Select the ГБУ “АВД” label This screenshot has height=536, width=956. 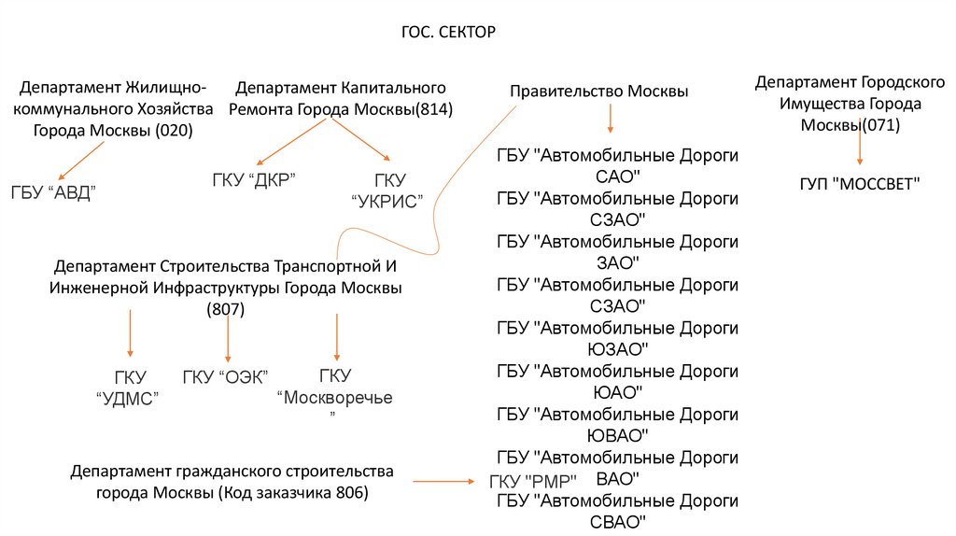(x=54, y=192)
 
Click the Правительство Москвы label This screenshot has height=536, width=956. (x=598, y=92)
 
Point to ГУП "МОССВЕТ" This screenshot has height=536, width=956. (x=860, y=184)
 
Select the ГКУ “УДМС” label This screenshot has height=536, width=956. (x=129, y=388)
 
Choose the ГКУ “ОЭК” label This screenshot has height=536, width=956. (x=226, y=376)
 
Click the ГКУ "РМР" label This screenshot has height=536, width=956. (x=533, y=481)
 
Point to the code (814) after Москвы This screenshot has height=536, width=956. (x=433, y=109)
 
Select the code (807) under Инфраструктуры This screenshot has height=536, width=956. (x=225, y=310)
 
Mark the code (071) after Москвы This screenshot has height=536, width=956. (x=880, y=125)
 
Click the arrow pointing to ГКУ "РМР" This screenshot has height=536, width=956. (x=443, y=481)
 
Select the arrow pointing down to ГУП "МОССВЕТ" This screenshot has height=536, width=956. (x=860, y=149)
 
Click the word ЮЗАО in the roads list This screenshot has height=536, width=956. (x=617, y=349)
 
